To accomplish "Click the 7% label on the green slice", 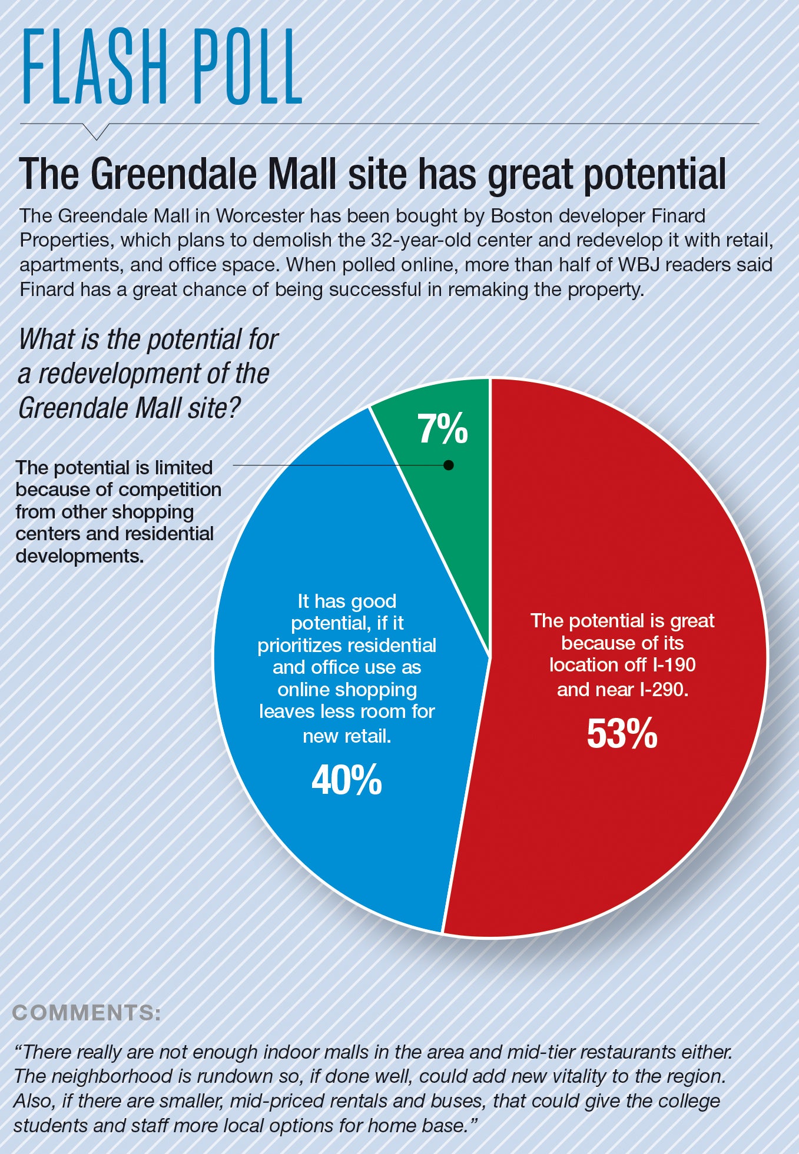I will pos(443,429).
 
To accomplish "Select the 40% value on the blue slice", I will pos(347,780).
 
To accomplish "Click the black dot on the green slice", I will pos(449,465).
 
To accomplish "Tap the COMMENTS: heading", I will pos(87,1013).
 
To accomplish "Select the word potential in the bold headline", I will pos(654,175).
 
